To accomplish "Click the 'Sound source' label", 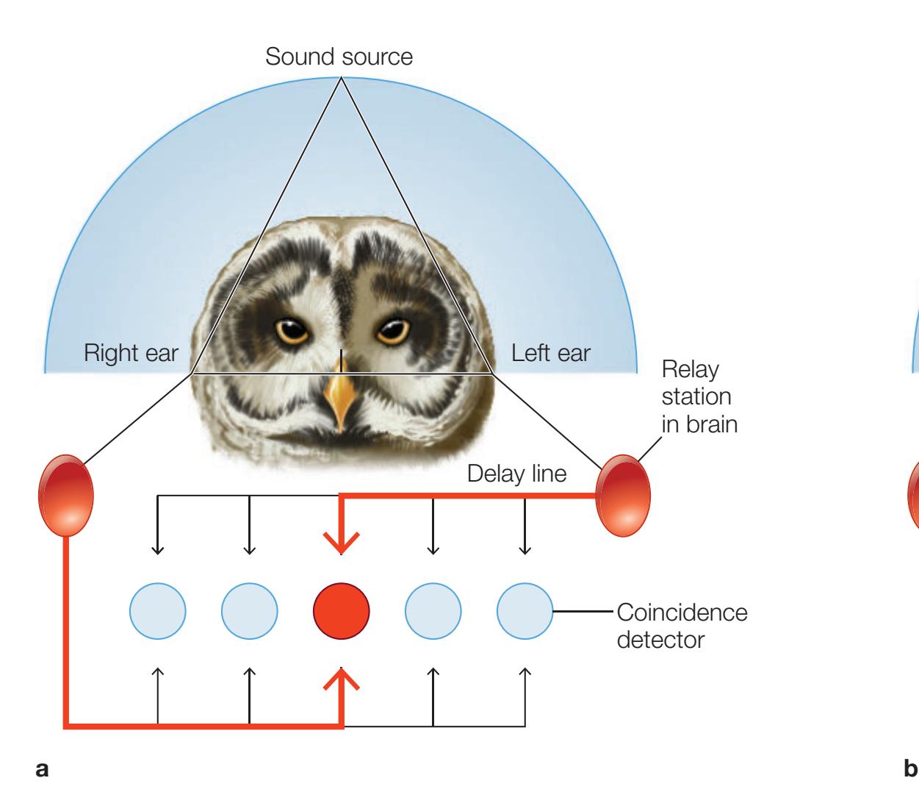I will [341, 57].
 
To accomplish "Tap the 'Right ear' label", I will [131, 353].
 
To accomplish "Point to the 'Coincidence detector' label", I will [682, 625].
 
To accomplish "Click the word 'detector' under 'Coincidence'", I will [661, 639].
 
